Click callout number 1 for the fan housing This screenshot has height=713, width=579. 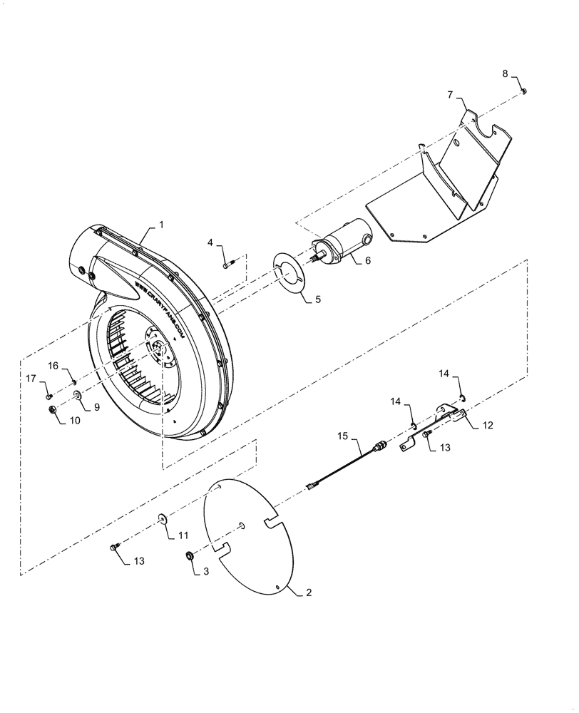(x=161, y=225)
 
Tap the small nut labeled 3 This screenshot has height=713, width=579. (x=190, y=555)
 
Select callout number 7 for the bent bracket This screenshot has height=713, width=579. (x=450, y=94)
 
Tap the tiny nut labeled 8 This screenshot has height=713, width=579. (x=524, y=91)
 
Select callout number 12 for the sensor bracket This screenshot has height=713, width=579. (x=487, y=425)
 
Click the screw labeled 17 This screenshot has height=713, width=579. (x=48, y=395)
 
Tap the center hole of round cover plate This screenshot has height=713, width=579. (x=243, y=525)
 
